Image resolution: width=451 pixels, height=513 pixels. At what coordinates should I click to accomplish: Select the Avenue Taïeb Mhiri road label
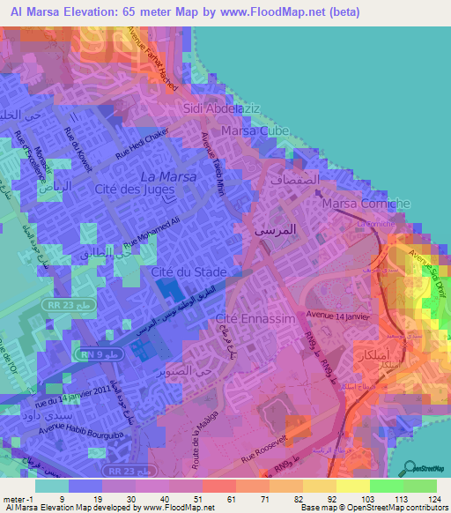click(x=214, y=162)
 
